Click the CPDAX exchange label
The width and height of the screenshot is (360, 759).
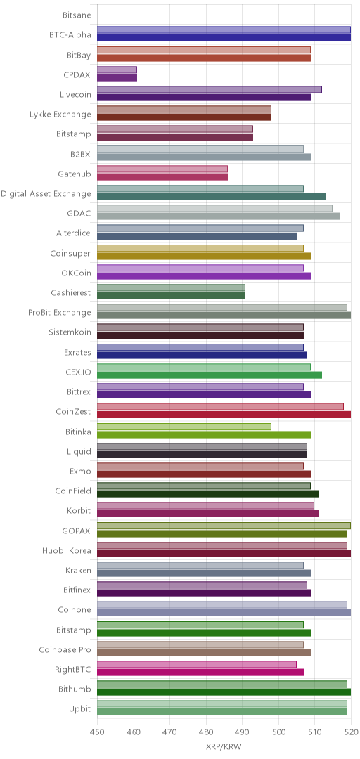(x=77, y=75)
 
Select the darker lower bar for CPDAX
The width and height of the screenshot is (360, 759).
(x=117, y=78)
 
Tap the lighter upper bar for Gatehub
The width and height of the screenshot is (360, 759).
(x=162, y=169)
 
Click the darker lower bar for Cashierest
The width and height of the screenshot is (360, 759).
(x=171, y=296)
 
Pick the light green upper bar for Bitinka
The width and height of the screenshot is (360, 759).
(x=184, y=427)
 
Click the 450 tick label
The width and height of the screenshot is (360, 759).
(x=98, y=733)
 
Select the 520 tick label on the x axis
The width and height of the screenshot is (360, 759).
(x=351, y=733)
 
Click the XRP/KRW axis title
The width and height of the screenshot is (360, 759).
(x=224, y=747)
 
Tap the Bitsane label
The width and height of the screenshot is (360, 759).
(x=77, y=15)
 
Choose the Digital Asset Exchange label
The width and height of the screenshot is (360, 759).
(x=46, y=194)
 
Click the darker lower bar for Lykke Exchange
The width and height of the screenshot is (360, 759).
(x=184, y=117)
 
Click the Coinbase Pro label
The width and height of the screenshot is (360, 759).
(x=65, y=650)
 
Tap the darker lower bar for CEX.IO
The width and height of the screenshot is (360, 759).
(x=210, y=375)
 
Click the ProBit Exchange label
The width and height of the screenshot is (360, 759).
(x=60, y=313)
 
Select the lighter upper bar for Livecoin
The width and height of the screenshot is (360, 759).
(x=210, y=89)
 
